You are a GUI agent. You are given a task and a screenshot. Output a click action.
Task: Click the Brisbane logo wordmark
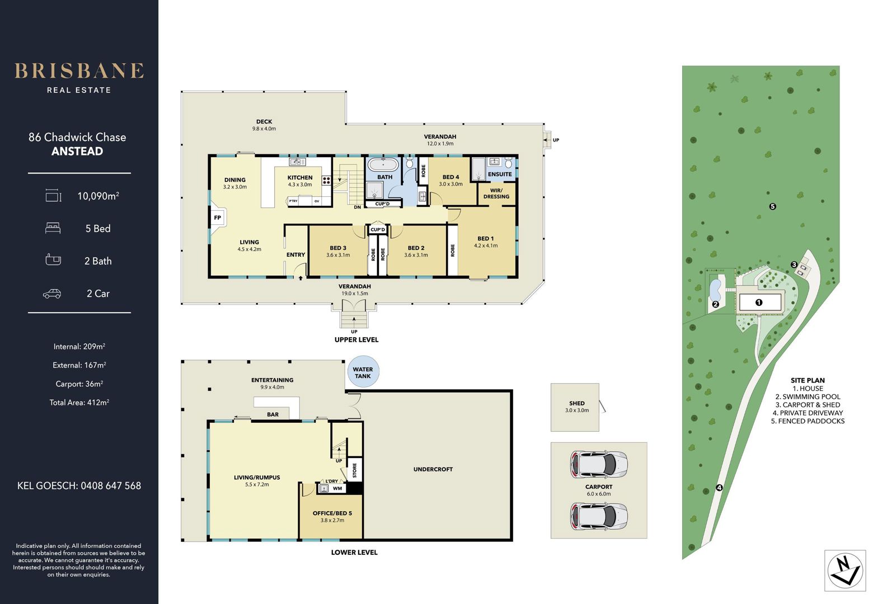79,71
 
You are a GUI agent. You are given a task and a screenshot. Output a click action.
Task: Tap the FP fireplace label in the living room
217,218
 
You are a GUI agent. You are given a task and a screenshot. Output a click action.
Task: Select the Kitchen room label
300,177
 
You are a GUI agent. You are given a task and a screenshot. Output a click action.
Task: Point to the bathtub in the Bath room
383,164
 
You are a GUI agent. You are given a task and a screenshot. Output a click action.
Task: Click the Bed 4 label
451,177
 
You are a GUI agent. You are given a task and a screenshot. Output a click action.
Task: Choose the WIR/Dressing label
496,193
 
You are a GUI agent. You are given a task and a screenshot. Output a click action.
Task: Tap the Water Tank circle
363,372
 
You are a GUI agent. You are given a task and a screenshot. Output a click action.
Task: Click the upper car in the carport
598,464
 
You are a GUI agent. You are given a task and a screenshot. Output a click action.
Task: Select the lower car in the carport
598,516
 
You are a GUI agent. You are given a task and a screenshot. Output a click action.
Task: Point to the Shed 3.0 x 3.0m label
577,407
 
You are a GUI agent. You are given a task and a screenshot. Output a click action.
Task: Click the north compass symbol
846,570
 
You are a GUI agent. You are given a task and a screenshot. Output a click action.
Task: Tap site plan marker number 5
772,206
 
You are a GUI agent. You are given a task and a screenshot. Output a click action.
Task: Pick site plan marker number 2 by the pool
715,304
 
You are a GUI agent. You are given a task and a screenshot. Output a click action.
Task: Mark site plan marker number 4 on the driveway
719,488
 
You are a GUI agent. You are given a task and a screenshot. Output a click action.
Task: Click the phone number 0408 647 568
111,486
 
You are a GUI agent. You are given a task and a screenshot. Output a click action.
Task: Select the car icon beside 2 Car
52,294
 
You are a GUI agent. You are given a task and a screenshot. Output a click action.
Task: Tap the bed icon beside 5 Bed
53,228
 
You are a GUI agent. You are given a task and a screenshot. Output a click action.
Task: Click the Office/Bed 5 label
332,513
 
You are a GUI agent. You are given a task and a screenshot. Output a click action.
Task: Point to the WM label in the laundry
337,488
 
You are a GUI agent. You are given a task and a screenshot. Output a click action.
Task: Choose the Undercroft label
433,469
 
